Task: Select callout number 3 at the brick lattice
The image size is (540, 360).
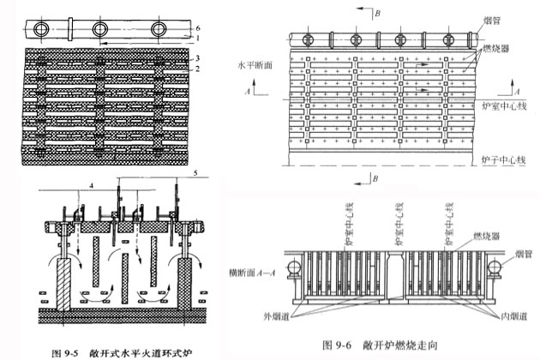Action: pos(198,57)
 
